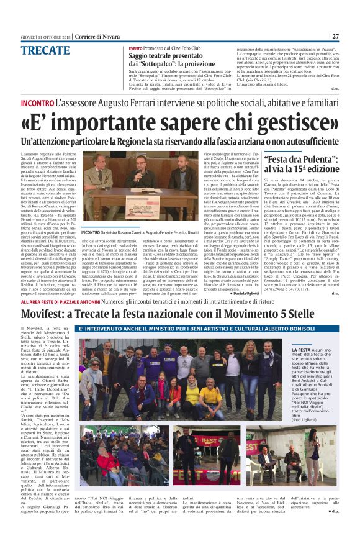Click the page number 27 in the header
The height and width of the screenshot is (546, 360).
(335, 36)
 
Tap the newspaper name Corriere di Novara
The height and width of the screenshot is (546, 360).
(98, 36)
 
